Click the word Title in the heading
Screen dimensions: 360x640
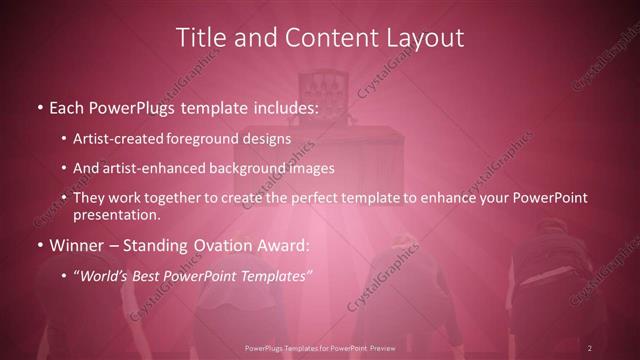point(200,38)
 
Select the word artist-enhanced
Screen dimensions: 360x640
point(152,168)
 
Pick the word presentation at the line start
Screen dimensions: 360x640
point(116,214)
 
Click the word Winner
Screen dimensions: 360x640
point(77,243)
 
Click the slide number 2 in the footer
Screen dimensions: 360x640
point(590,348)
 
